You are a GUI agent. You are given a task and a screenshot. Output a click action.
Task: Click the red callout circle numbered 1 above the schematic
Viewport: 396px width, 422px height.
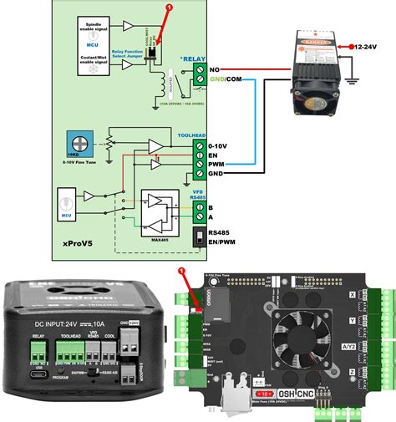170,7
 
